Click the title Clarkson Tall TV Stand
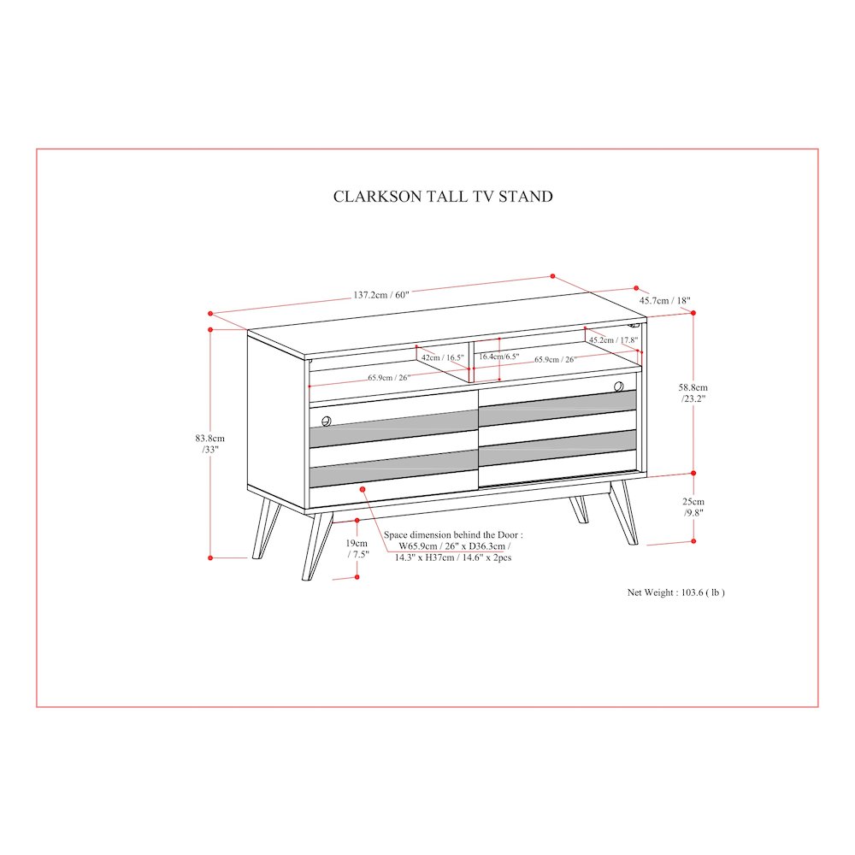[x=443, y=197]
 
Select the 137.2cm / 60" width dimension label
[x=381, y=295]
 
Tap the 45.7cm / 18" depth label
[x=664, y=300]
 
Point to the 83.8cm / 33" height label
[x=210, y=444]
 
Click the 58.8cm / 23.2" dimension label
[x=693, y=392]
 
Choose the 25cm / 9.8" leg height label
[x=693, y=507]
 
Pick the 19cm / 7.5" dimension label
[x=357, y=549]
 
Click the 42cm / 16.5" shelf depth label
[x=442, y=357]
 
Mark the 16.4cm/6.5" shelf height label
[x=499, y=357]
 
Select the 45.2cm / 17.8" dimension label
[x=613, y=339]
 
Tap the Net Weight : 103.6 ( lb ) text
[x=675, y=593]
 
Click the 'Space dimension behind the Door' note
[x=452, y=545]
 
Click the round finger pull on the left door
[x=326, y=421]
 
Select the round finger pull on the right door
[x=618, y=386]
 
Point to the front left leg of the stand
[x=316, y=545]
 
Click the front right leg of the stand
[x=624, y=512]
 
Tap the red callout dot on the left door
[x=363, y=489]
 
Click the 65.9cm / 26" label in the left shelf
[x=389, y=377]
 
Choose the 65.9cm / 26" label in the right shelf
[x=555, y=359]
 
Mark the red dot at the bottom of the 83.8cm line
[x=210, y=557]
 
